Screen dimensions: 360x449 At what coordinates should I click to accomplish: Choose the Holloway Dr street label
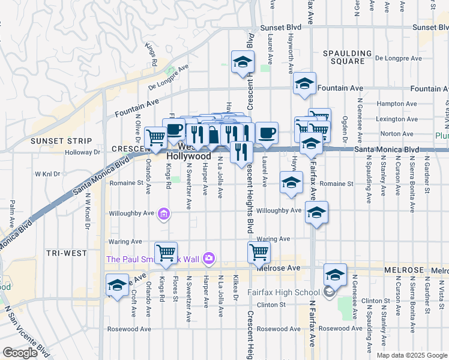point(82,152)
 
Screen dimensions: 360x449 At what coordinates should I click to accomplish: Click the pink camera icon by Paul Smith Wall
point(208,258)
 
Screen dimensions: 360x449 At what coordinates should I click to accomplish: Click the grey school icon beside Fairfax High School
point(328,292)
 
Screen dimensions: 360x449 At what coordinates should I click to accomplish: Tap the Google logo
point(20,353)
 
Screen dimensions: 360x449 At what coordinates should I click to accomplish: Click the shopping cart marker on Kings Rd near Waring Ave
point(166,251)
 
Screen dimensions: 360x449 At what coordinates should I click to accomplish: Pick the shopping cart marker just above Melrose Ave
point(259,251)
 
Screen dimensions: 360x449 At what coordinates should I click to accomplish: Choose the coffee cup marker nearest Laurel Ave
point(267,133)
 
